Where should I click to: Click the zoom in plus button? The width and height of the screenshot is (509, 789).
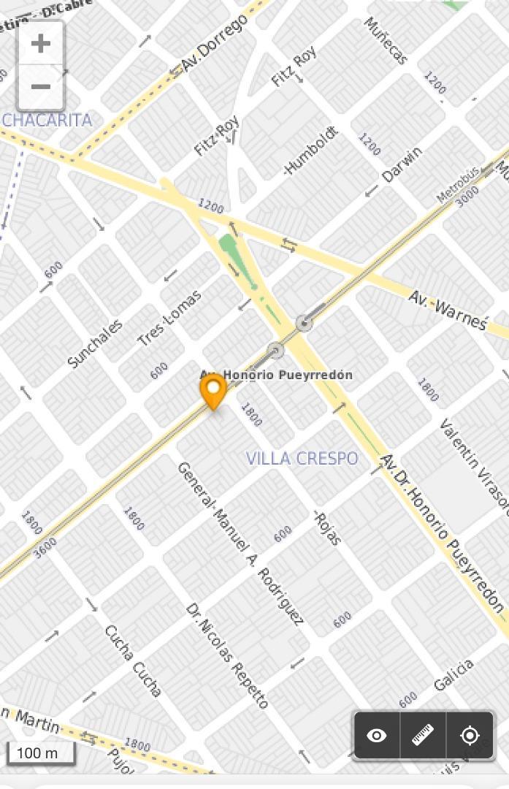[x=41, y=43]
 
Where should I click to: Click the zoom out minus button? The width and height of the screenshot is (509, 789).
[x=41, y=87]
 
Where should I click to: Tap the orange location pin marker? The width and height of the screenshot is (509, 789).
[x=213, y=392]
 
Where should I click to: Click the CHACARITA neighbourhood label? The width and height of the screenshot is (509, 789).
[x=47, y=120]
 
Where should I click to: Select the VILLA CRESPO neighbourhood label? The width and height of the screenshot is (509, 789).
[x=302, y=459]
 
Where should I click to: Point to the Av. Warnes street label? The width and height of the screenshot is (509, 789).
[x=447, y=310]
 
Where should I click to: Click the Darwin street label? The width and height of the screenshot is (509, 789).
[x=402, y=165]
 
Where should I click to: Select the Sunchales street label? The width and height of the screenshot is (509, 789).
[x=95, y=343]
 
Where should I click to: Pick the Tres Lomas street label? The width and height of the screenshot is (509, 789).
[x=169, y=319]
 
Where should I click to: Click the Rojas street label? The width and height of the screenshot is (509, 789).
[x=328, y=528]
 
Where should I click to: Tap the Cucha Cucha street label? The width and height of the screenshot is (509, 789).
[x=132, y=660]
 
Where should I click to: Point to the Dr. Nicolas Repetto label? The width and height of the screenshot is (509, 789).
[x=226, y=655]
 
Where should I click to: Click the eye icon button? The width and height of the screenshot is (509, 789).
[x=377, y=735]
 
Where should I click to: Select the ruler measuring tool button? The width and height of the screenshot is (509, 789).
[x=423, y=735]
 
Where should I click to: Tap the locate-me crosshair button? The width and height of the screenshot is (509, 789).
[x=470, y=735]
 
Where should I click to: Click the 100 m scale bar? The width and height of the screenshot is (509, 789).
[x=41, y=753]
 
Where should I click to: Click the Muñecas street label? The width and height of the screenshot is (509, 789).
[x=385, y=41]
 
